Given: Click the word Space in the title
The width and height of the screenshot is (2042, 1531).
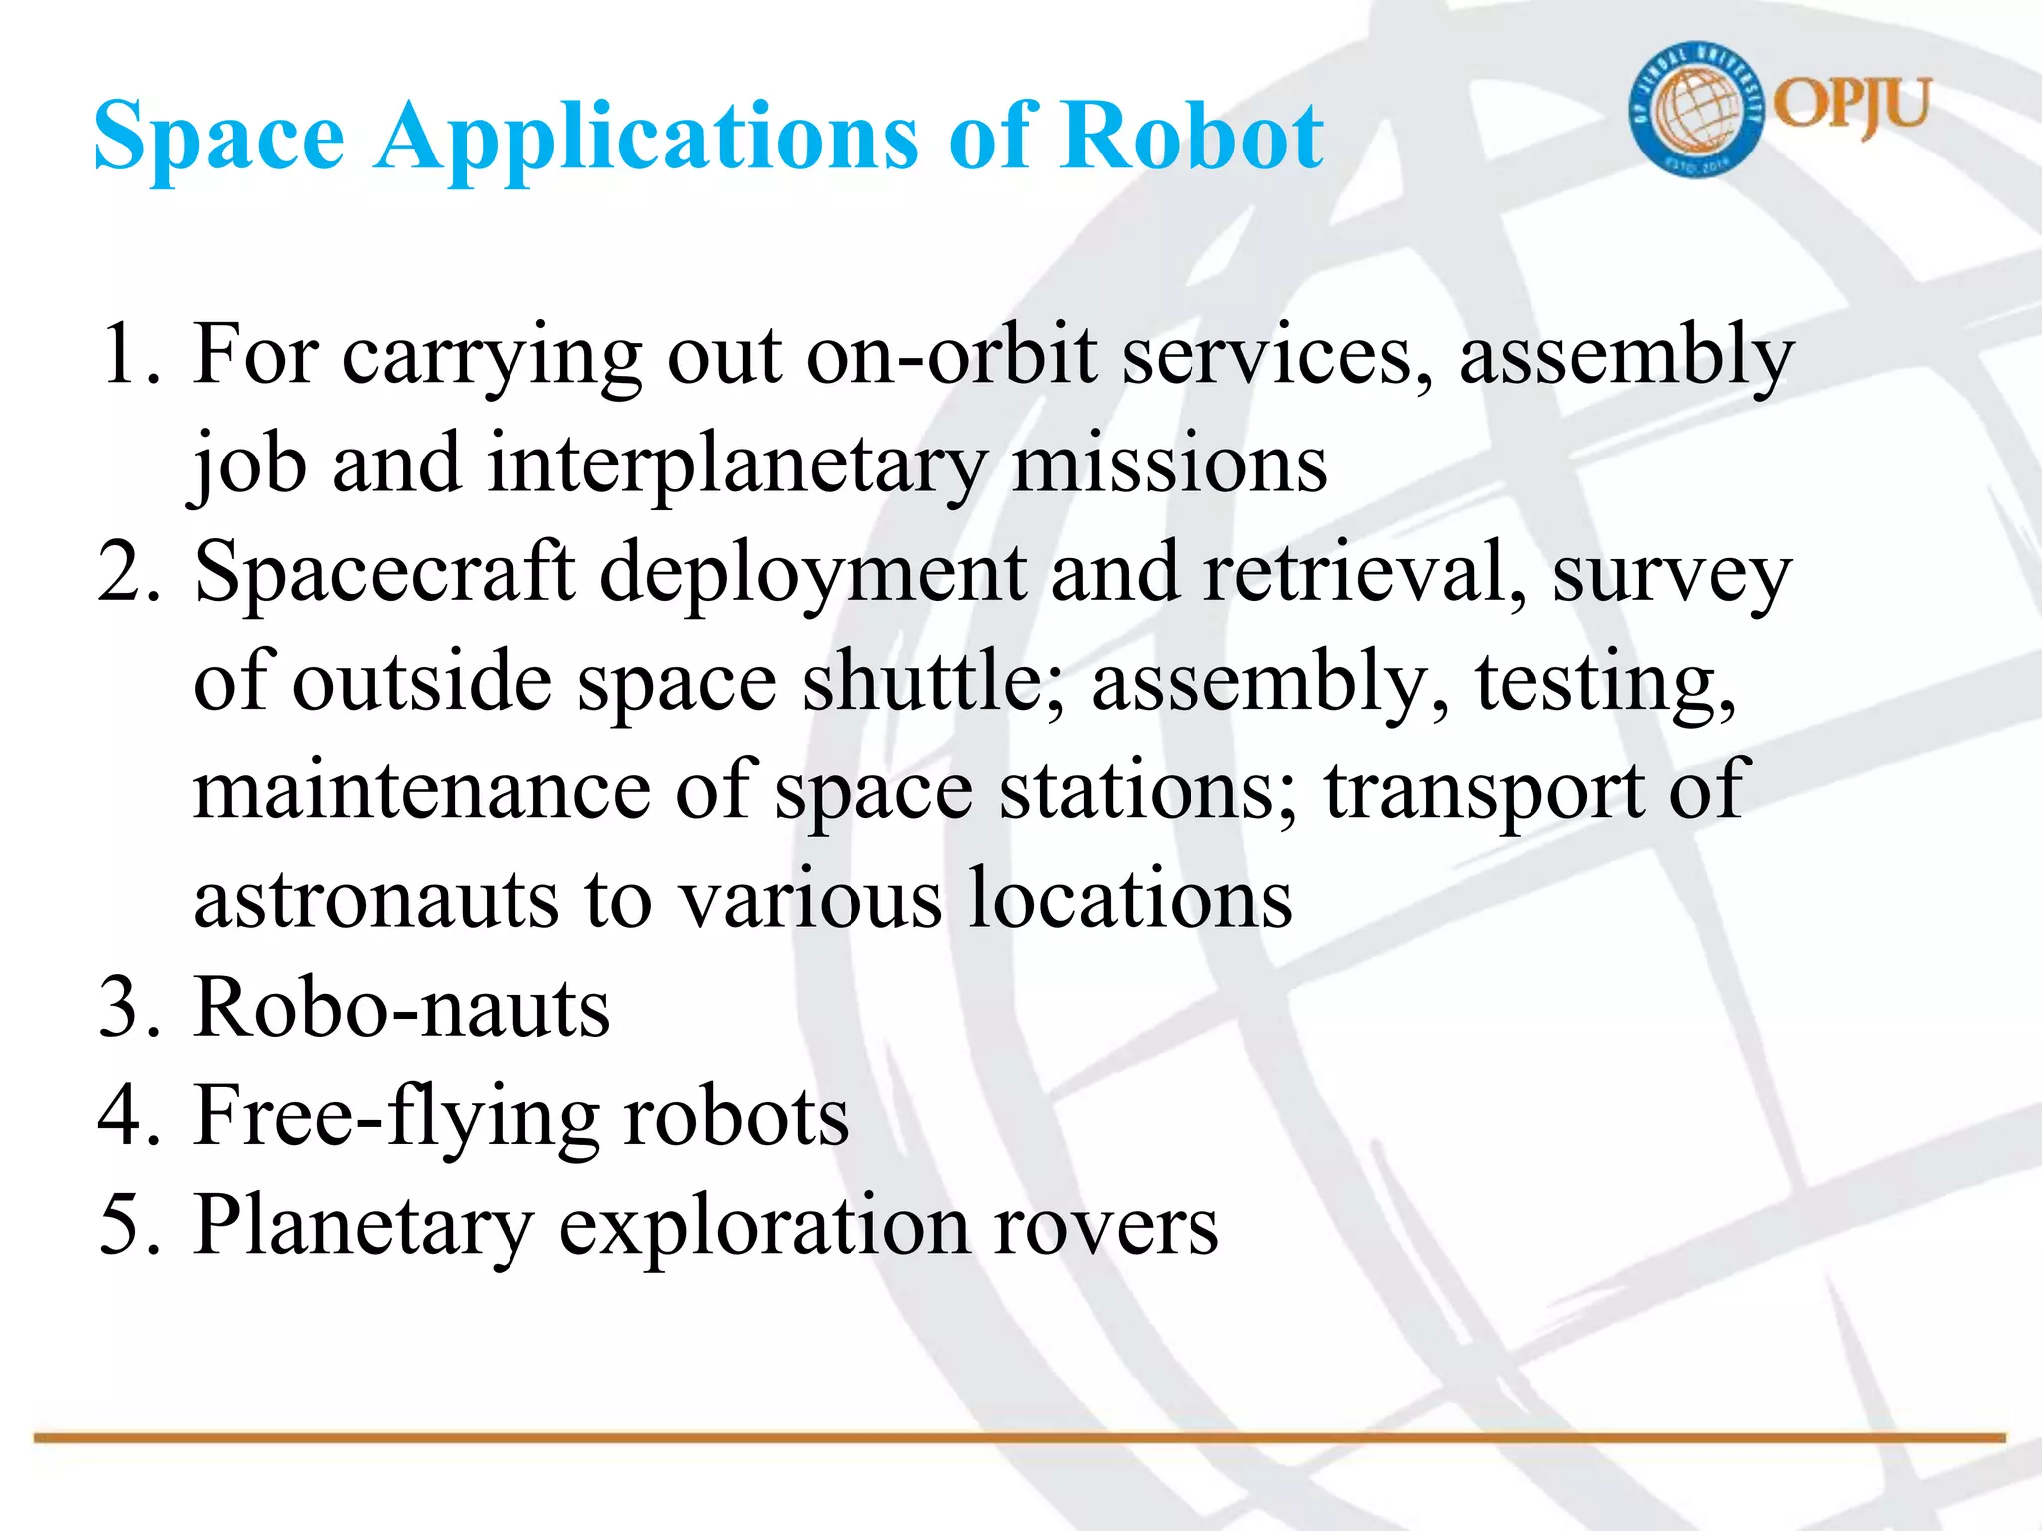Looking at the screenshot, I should point(218,137).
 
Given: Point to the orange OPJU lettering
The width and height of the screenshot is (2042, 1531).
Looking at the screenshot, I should point(1854,105).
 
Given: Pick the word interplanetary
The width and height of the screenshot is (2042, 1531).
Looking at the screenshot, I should point(737,464).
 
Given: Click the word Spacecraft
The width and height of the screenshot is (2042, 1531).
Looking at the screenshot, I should point(385,572).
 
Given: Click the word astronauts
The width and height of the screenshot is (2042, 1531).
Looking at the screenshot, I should point(375,899).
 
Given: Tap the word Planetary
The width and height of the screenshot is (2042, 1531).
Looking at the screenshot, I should point(364,1226).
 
